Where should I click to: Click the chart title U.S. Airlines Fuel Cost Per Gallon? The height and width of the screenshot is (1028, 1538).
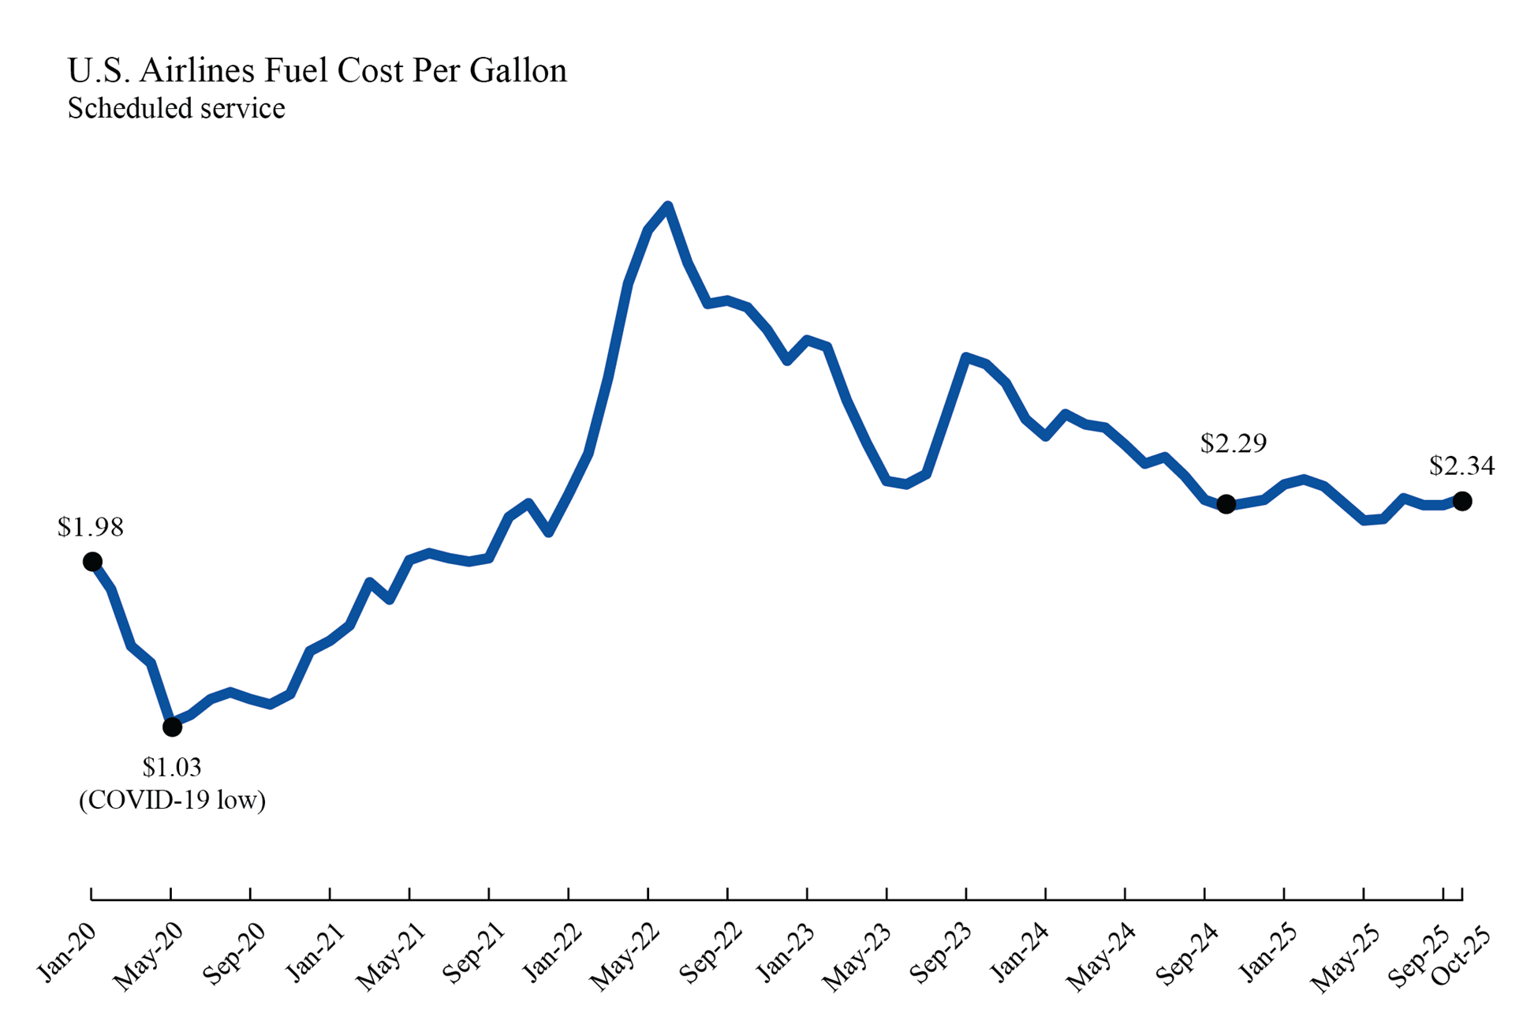(x=317, y=71)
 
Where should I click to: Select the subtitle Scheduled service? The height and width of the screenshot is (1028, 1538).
(x=176, y=108)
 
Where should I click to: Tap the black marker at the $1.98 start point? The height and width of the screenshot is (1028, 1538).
(x=92, y=562)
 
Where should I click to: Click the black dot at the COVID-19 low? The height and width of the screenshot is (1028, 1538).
(x=172, y=727)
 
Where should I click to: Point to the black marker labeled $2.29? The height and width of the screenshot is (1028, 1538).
(x=1226, y=504)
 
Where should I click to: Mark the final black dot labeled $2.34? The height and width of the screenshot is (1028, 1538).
(x=1461, y=501)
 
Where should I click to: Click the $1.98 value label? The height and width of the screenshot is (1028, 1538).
(x=91, y=527)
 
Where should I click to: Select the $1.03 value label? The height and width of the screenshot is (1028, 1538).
(x=172, y=767)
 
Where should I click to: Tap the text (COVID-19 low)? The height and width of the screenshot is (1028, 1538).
(x=172, y=800)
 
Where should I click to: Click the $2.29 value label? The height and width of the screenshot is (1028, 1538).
(x=1233, y=443)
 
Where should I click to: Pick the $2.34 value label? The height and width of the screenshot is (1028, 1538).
(x=1461, y=466)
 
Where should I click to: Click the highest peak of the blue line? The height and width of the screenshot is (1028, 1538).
(x=668, y=207)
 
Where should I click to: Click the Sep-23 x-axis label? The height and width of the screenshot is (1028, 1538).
(x=942, y=955)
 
